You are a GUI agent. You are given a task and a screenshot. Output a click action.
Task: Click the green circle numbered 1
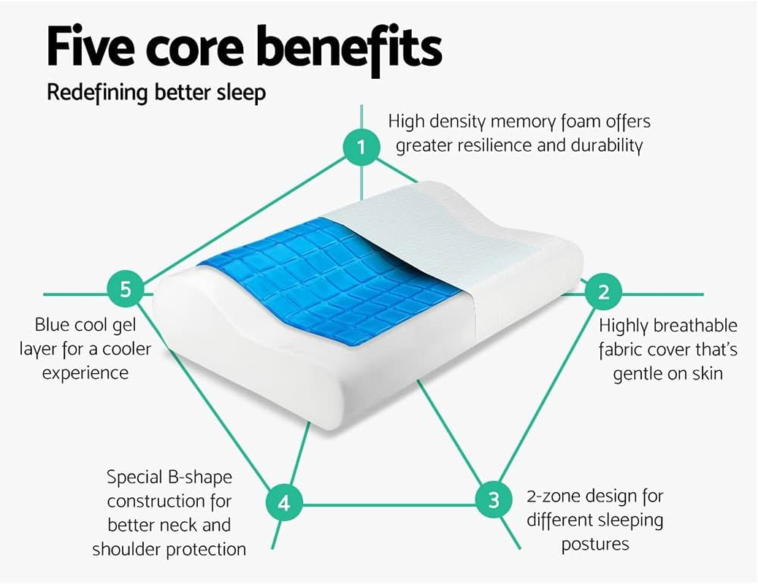click(x=361, y=148)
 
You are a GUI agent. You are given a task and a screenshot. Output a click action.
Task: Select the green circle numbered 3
click(x=494, y=501)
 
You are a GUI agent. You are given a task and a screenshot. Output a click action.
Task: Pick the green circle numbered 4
click(x=284, y=503)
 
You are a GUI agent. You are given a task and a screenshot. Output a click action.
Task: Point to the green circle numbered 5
click(x=126, y=290)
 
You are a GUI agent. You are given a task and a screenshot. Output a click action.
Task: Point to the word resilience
click(x=495, y=145)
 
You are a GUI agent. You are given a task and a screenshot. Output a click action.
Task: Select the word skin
click(x=707, y=373)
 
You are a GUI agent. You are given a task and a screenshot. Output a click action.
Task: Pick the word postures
click(x=595, y=544)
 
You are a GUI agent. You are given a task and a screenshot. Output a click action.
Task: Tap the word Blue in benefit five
click(x=54, y=324)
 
